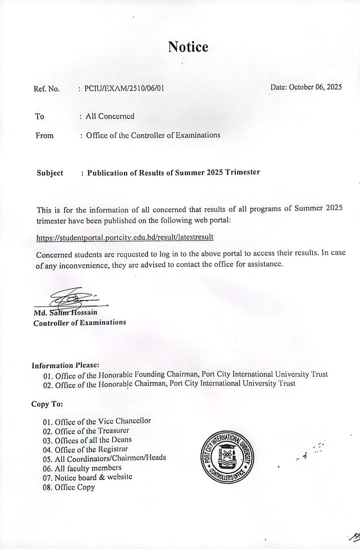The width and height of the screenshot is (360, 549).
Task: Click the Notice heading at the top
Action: click(x=188, y=47)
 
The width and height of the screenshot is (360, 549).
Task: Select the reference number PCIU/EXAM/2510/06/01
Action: click(x=124, y=88)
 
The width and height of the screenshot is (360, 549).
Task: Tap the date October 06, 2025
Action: click(x=306, y=87)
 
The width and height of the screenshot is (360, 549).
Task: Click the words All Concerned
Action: click(x=110, y=116)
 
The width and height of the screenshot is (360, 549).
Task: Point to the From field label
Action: click(x=45, y=136)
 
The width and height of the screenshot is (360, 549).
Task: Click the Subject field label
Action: click(x=50, y=173)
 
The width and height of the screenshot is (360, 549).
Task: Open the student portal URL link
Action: click(x=125, y=237)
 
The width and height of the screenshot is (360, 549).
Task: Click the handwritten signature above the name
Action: click(x=72, y=298)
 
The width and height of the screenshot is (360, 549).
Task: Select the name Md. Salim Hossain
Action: click(x=65, y=313)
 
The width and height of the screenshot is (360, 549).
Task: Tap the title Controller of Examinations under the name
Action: click(x=80, y=323)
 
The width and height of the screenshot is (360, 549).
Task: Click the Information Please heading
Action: click(x=65, y=365)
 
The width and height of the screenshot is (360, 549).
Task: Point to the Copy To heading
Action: click(x=47, y=404)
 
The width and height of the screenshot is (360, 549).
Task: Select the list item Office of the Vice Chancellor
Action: click(x=97, y=421)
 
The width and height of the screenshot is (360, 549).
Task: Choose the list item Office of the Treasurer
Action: click(x=86, y=431)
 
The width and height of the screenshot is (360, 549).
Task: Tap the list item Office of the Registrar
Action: click(x=85, y=449)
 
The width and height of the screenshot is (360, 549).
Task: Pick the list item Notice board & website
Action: click(x=88, y=477)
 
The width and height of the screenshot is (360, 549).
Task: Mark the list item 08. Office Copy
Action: click(x=69, y=487)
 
